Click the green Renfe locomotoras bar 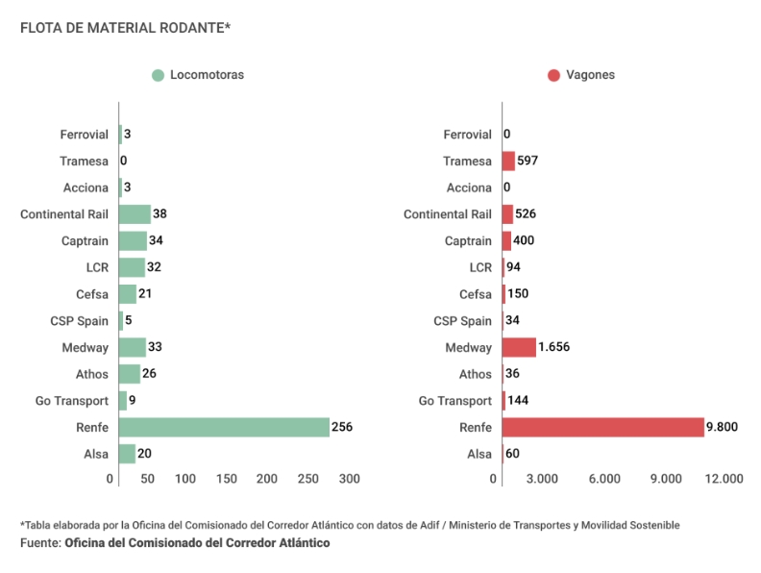pyautogui.click(x=224, y=427)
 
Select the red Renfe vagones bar pyautogui.click(x=602, y=427)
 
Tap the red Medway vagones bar pyautogui.click(x=519, y=347)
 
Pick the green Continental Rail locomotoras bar pyautogui.click(x=135, y=214)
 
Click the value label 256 pyautogui.click(x=342, y=427)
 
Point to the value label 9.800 pyautogui.click(x=723, y=427)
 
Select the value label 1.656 pyautogui.click(x=555, y=347)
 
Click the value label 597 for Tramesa pyautogui.click(x=528, y=161)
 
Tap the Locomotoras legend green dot pyautogui.click(x=159, y=75)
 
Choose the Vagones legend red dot pyautogui.click(x=553, y=75)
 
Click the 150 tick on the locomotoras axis pyautogui.click(x=227, y=479)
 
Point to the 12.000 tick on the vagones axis pyautogui.click(x=723, y=479)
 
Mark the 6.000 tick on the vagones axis pyautogui.click(x=604, y=479)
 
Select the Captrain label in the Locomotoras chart pyautogui.click(x=85, y=240)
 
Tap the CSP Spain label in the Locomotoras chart pyautogui.click(x=79, y=321)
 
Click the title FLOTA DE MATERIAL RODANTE pyautogui.click(x=125, y=27)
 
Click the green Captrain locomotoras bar pyautogui.click(x=133, y=240)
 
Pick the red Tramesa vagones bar pyautogui.click(x=508, y=161)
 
